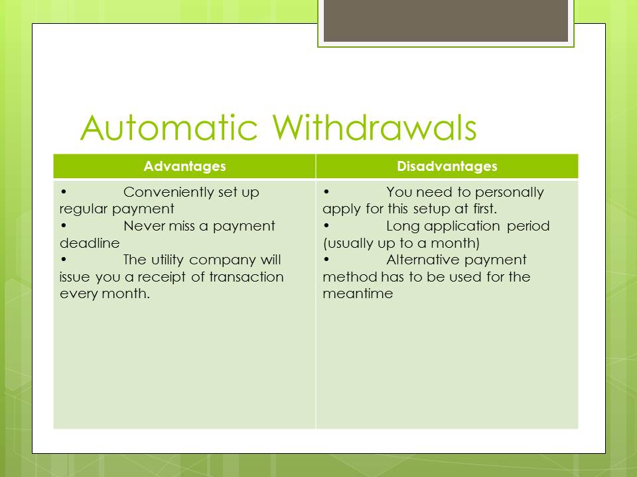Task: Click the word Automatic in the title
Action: [x=169, y=127]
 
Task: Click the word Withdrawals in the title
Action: [x=374, y=127]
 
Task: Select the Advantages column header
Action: [x=185, y=166]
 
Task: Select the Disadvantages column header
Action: [x=447, y=166]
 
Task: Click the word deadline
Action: [x=90, y=243]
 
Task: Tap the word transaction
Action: [x=246, y=277]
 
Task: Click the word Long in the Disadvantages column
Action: [x=403, y=227]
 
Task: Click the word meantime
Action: [x=358, y=293]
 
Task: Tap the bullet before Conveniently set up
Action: [x=64, y=191]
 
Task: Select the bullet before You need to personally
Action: [x=326, y=191]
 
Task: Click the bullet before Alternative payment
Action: [x=326, y=259]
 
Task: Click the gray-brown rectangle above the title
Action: [x=446, y=21]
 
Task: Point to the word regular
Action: [x=84, y=209]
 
